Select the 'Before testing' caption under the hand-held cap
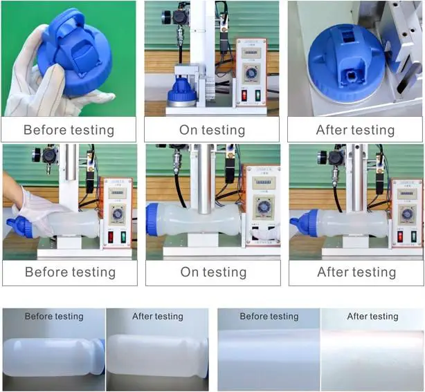point(69,130)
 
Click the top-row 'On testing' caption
point(212,130)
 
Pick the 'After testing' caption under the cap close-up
point(355,130)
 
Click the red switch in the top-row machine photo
point(243,95)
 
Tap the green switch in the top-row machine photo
point(257,95)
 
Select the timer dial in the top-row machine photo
point(252,73)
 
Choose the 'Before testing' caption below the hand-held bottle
point(69,272)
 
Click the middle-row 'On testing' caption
point(213,272)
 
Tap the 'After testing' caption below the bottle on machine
point(356,272)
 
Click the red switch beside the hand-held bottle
point(110,237)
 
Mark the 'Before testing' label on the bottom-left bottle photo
point(54,317)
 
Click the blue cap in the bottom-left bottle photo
point(100,356)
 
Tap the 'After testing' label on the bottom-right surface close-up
point(372,317)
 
